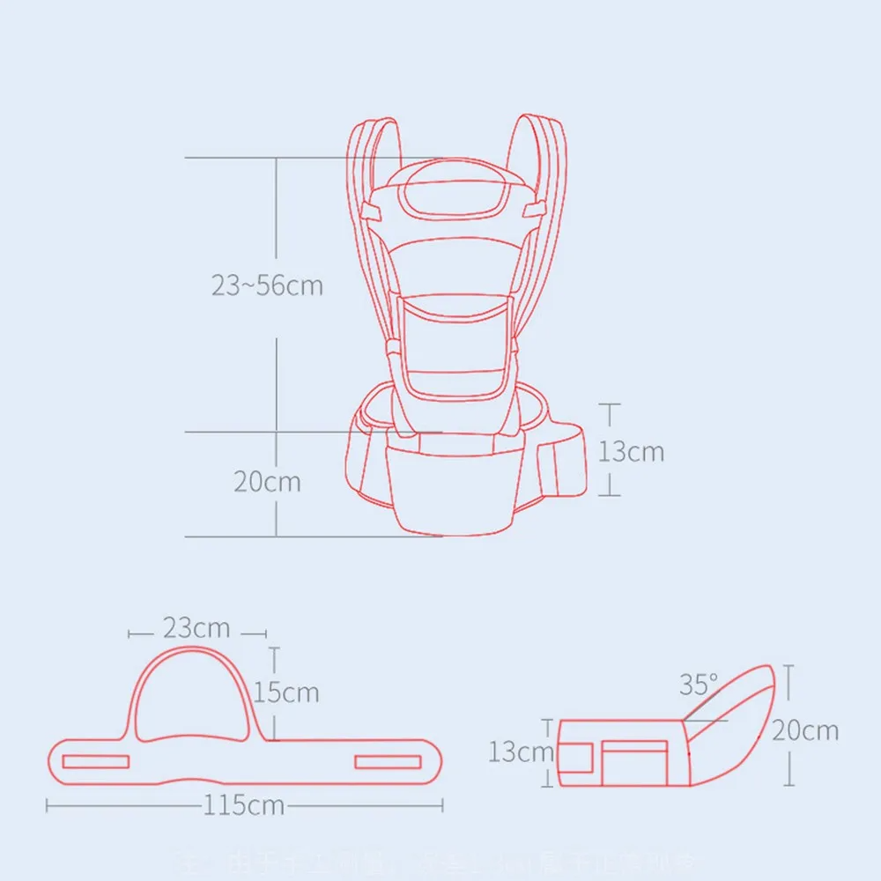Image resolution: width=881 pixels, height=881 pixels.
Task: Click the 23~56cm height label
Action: click(x=267, y=286)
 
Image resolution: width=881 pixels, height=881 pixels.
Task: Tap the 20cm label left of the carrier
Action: click(x=267, y=482)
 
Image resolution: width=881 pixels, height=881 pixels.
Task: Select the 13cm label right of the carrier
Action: click(x=631, y=451)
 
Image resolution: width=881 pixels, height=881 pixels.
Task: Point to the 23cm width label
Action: click(x=196, y=628)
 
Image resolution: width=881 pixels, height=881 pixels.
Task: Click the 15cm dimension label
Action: click(x=286, y=692)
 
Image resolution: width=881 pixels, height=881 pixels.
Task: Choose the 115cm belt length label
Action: click(x=244, y=805)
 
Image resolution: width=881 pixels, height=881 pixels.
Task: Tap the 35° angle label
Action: click(x=699, y=685)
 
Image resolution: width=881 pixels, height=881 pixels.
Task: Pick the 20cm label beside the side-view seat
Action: click(x=805, y=730)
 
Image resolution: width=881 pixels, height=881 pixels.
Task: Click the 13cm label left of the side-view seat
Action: click(x=522, y=752)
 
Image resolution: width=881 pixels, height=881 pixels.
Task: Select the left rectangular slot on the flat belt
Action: click(x=98, y=761)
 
